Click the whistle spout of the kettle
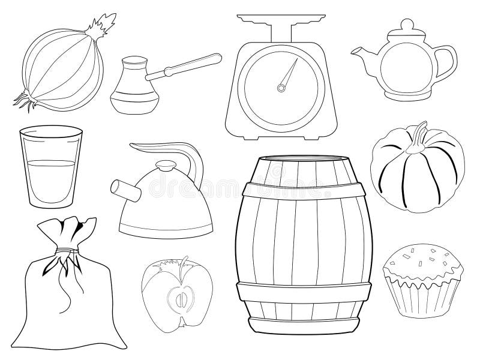120,190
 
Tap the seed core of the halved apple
181,298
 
